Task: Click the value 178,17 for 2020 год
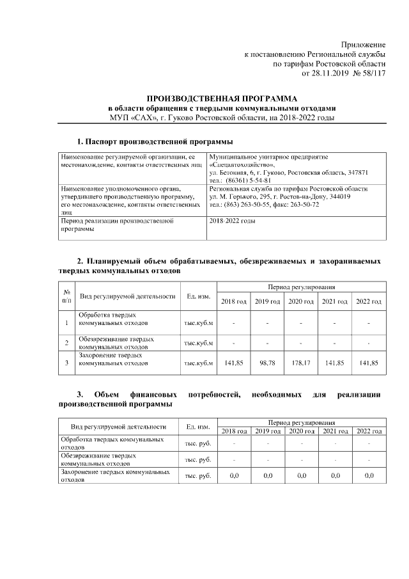click(300, 363)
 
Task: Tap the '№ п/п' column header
click(67, 296)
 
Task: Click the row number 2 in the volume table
click(67, 343)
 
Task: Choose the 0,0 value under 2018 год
click(233, 476)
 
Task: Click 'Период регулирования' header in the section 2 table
click(302, 289)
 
